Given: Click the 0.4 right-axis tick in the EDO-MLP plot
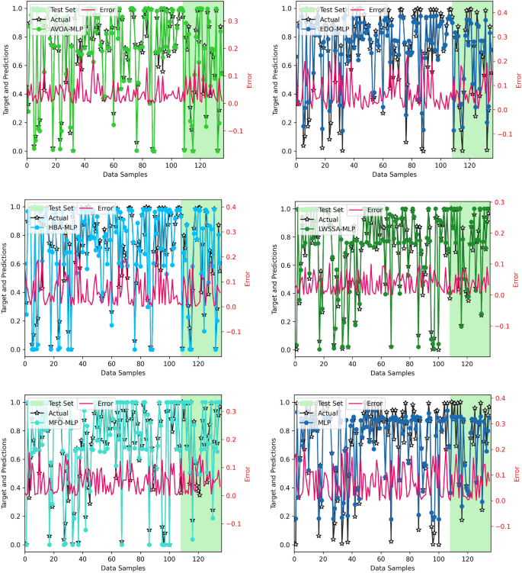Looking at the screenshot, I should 502,14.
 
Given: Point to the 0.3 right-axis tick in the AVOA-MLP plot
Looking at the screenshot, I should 233,21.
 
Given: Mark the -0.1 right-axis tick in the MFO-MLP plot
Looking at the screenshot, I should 235,523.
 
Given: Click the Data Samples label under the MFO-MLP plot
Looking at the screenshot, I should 123,567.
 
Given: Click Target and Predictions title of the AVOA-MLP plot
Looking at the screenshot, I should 6,80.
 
